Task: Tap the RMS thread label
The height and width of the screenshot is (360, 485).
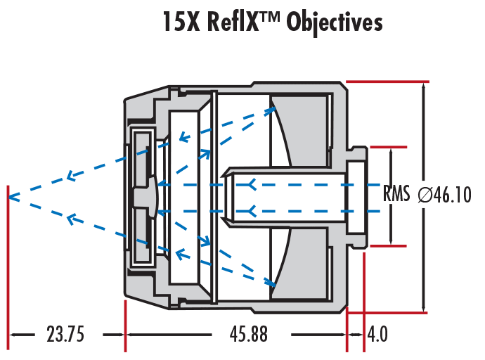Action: coord(396,194)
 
